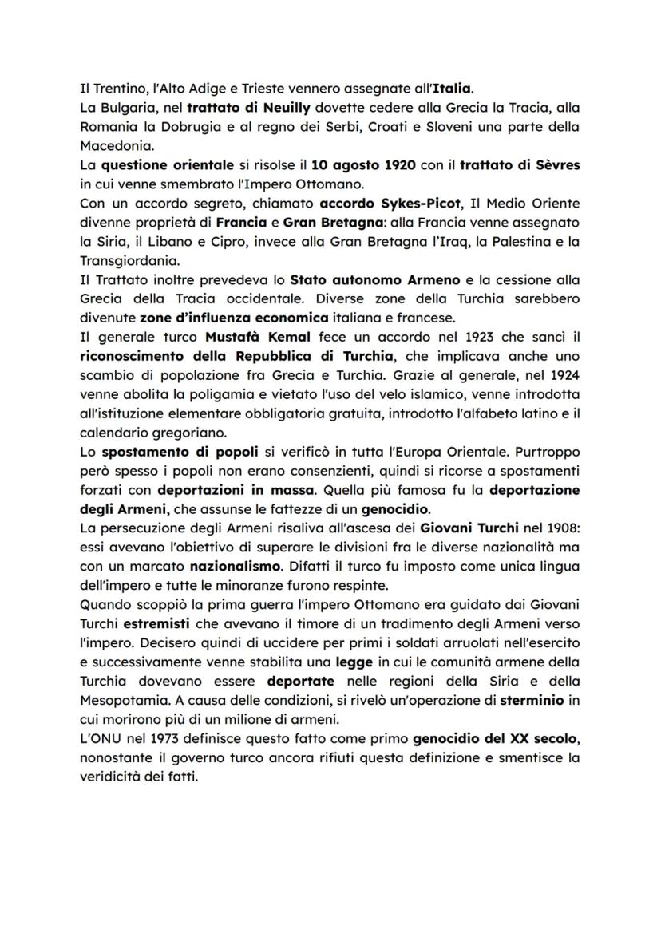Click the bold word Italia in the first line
(449, 87)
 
